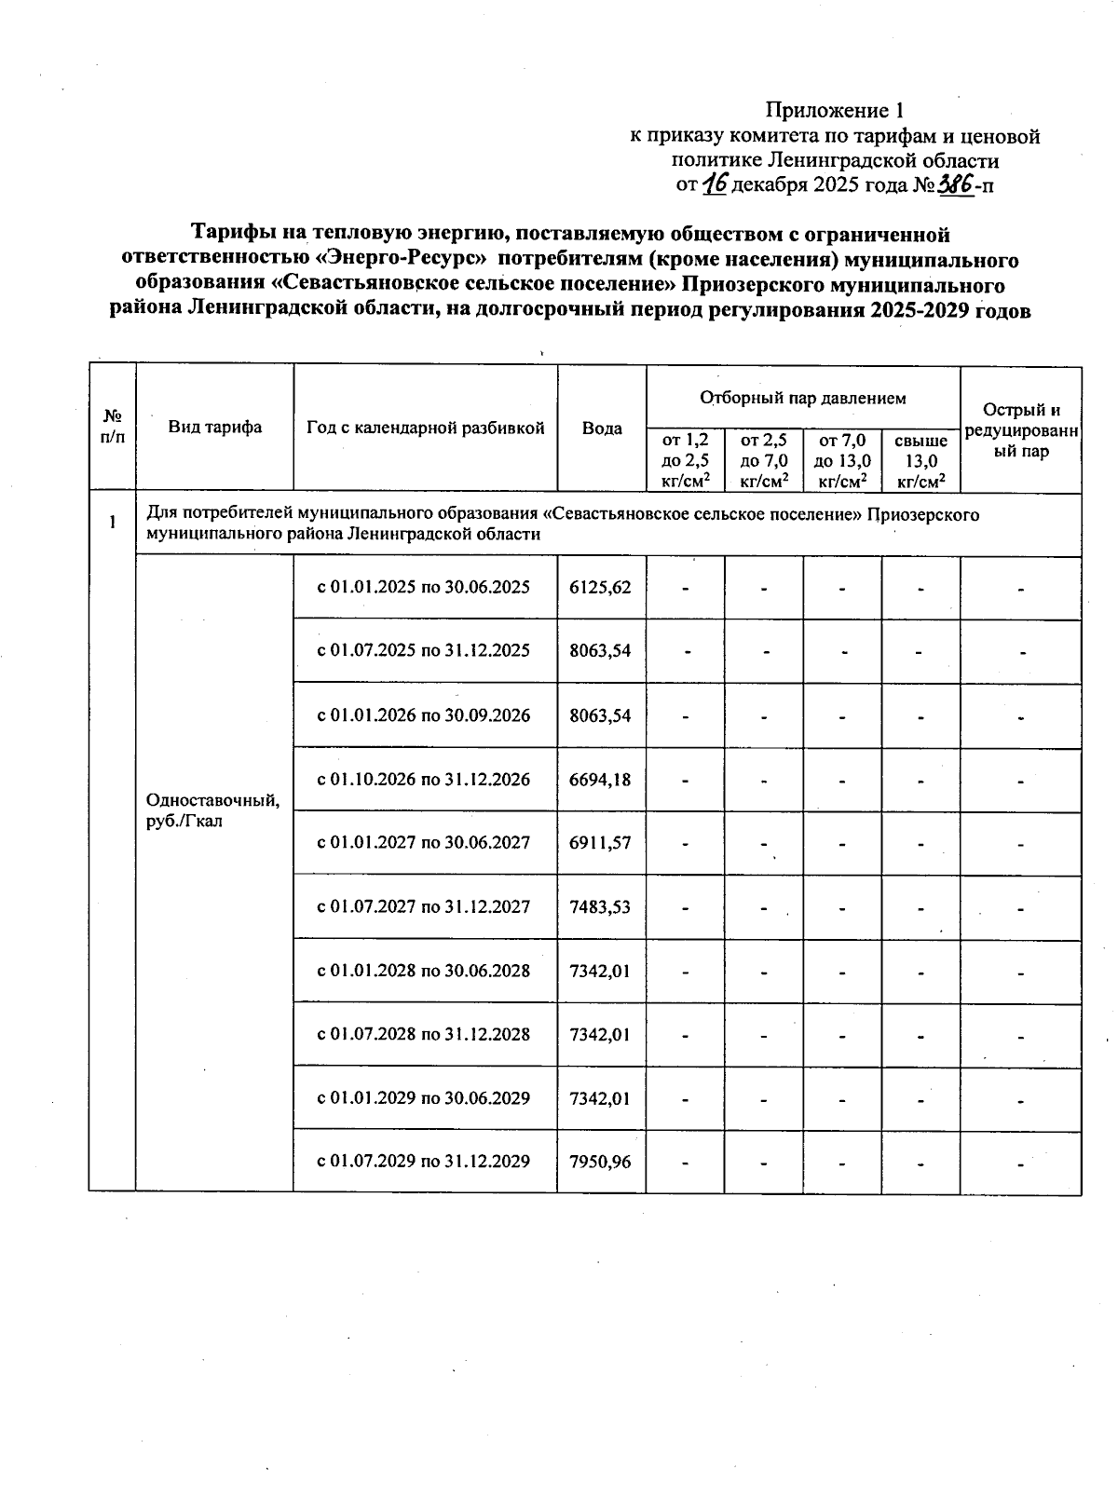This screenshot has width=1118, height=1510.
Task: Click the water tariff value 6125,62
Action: [x=600, y=587]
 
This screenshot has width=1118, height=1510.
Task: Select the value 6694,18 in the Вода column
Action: [x=600, y=779]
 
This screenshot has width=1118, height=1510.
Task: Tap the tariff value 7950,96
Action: [x=600, y=1161]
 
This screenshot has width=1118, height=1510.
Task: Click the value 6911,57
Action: [x=600, y=843]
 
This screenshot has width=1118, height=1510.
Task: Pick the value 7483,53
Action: [x=600, y=906]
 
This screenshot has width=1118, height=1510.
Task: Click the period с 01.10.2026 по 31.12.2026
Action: [x=424, y=779]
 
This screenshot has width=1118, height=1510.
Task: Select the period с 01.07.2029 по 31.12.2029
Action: [x=424, y=1161]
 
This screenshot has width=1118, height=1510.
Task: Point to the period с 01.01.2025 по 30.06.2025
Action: [x=424, y=587]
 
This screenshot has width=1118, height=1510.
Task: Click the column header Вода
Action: [x=602, y=429]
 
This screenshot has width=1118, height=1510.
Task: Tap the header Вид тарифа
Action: [x=215, y=428]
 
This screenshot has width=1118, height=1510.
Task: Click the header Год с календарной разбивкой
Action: [x=425, y=429]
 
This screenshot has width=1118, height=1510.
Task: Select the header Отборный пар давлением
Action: [x=803, y=399]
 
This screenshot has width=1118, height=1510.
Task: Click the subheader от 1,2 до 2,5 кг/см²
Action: [x=685, y=460]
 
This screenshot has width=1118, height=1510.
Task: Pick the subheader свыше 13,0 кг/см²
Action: [x=920, y=460]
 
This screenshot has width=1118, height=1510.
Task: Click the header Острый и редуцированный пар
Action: [x=1021, y=430]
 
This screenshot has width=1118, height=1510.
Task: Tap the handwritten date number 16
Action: [x=715, y=183]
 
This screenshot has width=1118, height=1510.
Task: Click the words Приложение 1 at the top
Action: [x=835, y=111]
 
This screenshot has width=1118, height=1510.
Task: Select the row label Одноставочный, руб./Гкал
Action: [x=213, y=810]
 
